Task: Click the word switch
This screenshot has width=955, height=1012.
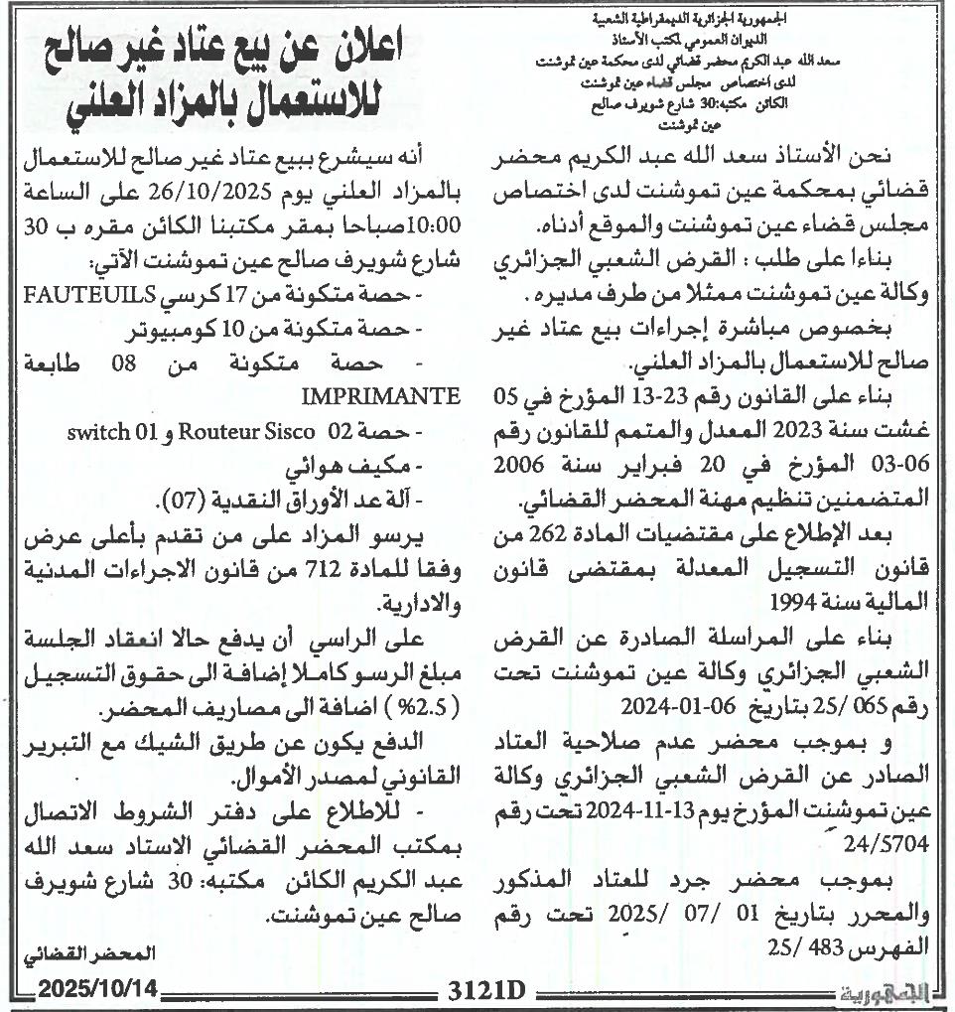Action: pos(100,432)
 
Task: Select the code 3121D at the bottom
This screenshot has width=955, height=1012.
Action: pos(484,992)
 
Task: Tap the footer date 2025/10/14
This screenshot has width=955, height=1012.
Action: pos(96,992)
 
